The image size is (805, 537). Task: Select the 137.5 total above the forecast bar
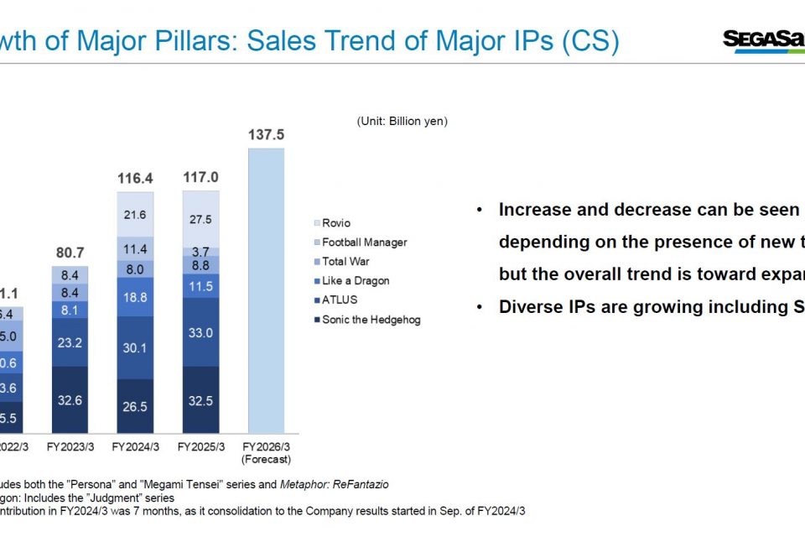(266, 134)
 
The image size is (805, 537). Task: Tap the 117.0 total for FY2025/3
(200, 177)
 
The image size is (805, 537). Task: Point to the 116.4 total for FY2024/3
(135, 177)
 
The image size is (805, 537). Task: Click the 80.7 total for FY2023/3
(70, 252)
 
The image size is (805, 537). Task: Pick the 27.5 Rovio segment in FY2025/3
(200, 219)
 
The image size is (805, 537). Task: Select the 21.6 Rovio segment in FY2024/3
(135, 215)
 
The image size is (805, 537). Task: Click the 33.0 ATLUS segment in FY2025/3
(200, 332)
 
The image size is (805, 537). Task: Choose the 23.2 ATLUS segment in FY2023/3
(70, 343)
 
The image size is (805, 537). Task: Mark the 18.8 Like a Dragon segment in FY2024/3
(135, 297)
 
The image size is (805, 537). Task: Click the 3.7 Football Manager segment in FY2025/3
(200, 252)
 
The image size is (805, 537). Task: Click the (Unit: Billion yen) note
(402, 121)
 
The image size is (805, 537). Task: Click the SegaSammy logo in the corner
(762, 39)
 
